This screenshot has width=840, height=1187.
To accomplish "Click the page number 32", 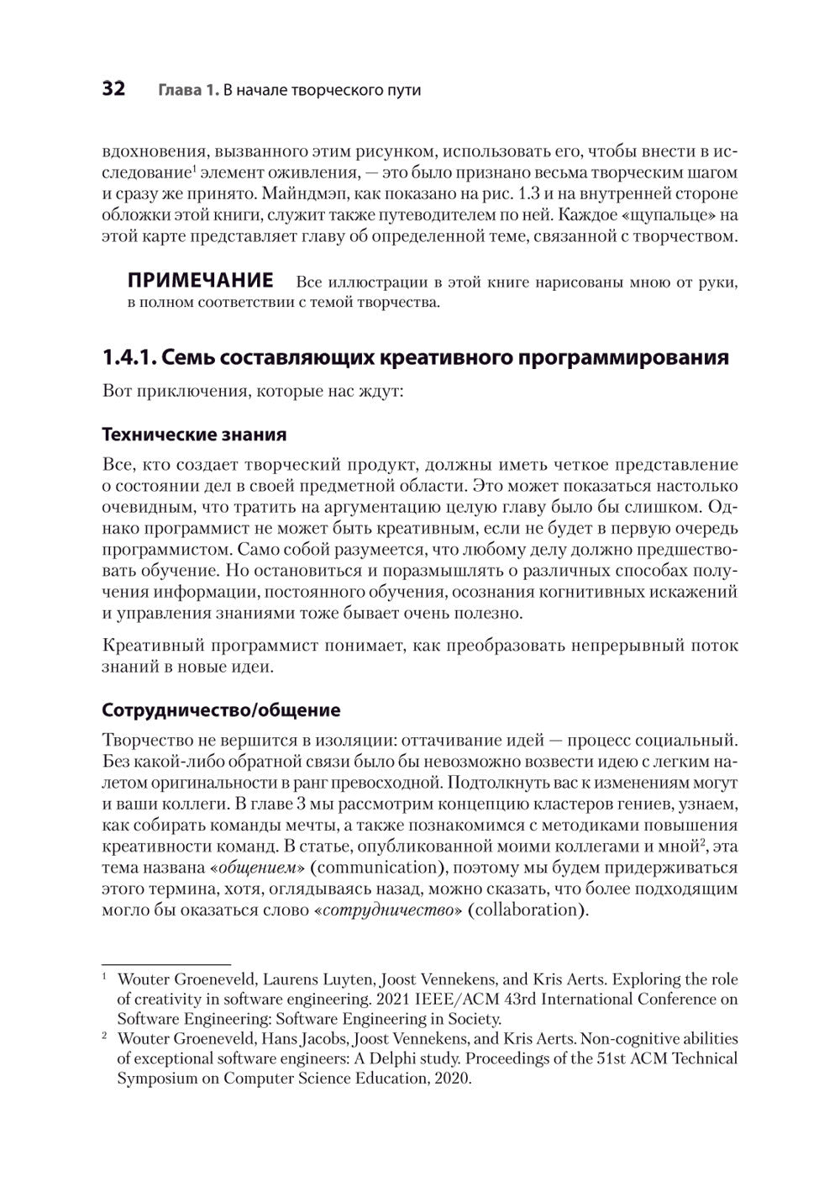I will (113, 89).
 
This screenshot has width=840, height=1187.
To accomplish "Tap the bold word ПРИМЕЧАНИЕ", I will (200, 281).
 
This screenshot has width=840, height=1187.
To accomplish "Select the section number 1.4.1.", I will (129, 358).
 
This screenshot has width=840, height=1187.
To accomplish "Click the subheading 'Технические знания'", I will (194, 435).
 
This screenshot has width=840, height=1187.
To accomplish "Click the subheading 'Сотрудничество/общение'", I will (221, 710).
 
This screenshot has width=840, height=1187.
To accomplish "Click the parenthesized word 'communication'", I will (387, 867).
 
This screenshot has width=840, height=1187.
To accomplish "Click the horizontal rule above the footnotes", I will (165, 963).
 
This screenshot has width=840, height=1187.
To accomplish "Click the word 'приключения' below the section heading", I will (189, 392).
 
